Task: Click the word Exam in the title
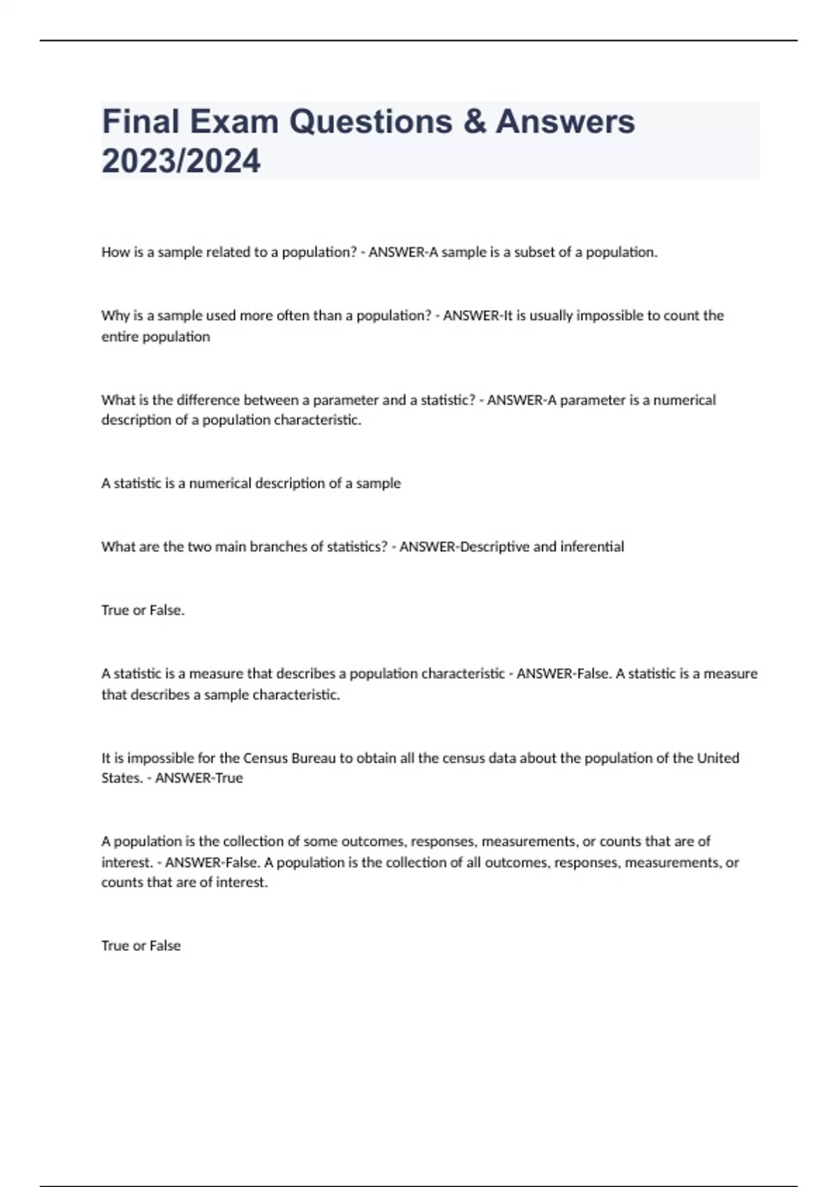coord(234,121)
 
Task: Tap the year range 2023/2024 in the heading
coord(181,161)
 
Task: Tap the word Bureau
coord(314,758)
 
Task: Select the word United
coord(718,758)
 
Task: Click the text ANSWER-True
coord(199,778)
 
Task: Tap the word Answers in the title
coord(565,121)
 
